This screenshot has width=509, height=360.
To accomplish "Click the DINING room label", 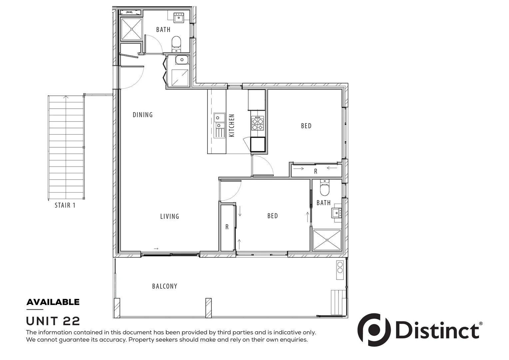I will (143, 115).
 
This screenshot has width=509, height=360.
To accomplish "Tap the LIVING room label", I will (170, 216).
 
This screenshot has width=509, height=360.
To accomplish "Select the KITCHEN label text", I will (232, 125).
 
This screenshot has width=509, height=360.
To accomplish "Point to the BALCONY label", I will (165, 286).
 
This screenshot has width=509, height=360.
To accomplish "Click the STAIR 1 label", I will (65, 205).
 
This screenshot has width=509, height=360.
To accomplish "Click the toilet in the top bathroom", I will (176, 43).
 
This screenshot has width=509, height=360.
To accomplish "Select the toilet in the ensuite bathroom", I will (324, 189).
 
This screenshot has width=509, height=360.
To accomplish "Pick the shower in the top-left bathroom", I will (131, 29).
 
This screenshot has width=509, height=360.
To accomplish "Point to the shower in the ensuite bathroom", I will (327, 239).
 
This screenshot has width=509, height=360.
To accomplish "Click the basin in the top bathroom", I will (179, 17).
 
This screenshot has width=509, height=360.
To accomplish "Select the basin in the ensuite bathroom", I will (336, 212).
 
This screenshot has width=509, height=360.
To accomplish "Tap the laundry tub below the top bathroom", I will (182, 60).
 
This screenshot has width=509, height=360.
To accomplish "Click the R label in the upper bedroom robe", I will (315, 171).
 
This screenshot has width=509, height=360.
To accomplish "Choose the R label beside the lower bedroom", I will (227, 227).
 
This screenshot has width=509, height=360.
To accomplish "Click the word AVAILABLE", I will (53, 302).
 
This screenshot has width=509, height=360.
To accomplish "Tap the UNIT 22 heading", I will (53, 321).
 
